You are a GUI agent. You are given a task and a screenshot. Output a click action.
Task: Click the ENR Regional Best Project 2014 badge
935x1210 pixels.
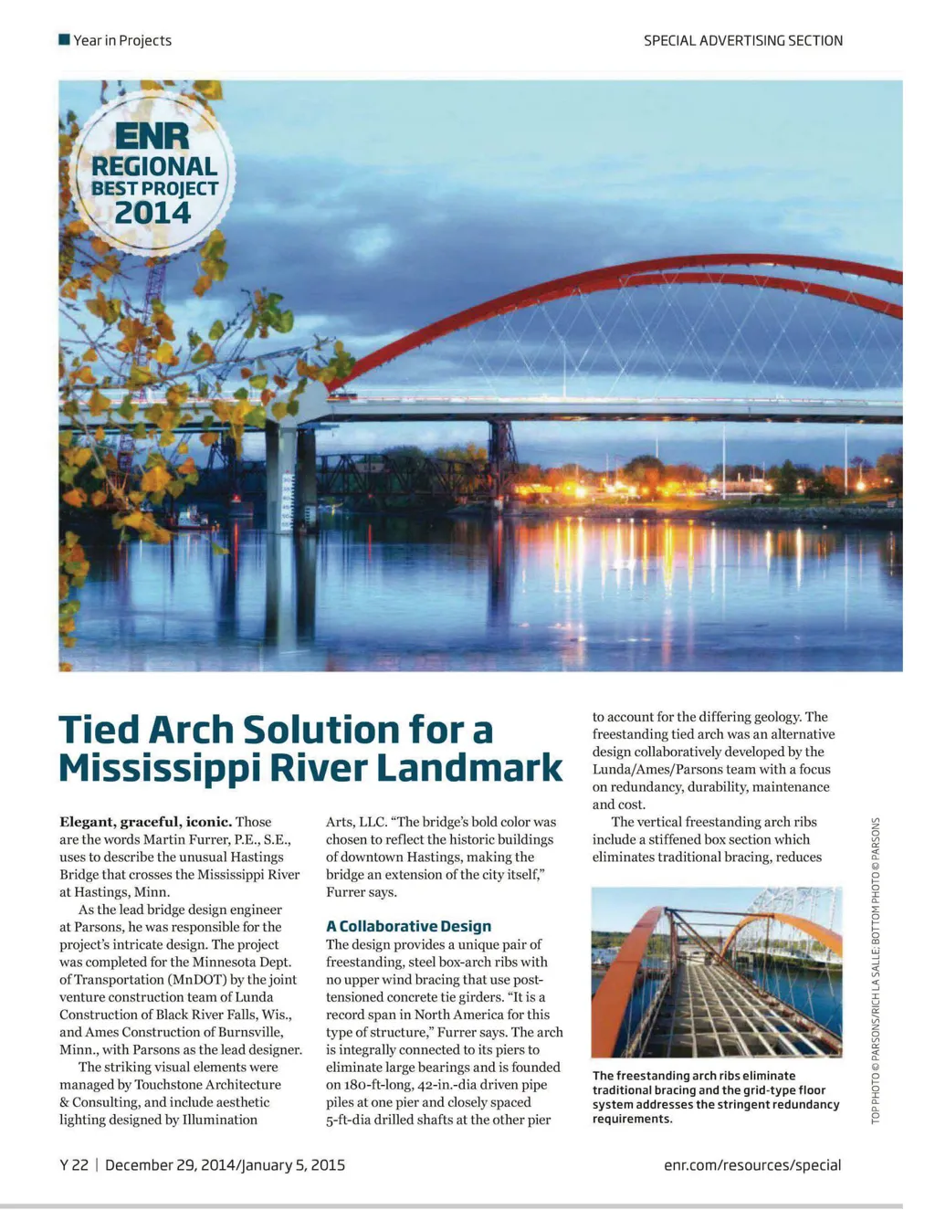point(152,174)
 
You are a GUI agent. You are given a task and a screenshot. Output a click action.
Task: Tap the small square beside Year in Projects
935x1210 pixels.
point(64,39)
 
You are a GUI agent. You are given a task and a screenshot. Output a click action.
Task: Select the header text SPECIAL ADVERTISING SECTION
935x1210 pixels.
point(742,40)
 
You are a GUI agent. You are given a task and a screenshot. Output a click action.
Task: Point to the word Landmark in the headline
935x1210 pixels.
point(469,768)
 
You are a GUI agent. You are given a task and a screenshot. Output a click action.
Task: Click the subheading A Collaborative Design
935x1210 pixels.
point(408,926)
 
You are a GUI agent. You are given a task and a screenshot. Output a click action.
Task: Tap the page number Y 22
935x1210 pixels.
point(74,1164)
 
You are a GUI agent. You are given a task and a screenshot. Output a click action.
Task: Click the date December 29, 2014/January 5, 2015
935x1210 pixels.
point(225,1164)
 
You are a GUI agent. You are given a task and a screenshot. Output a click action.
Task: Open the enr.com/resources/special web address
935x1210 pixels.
point(752,1164)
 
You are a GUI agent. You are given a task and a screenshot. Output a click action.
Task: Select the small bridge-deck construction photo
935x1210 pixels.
point(716,972)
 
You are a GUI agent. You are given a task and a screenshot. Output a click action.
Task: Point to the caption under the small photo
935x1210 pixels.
point(715,1097)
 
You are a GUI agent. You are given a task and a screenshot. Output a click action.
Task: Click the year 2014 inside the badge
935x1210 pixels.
point(152,213)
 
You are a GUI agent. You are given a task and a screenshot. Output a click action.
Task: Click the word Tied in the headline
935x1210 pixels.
point(99,731)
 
